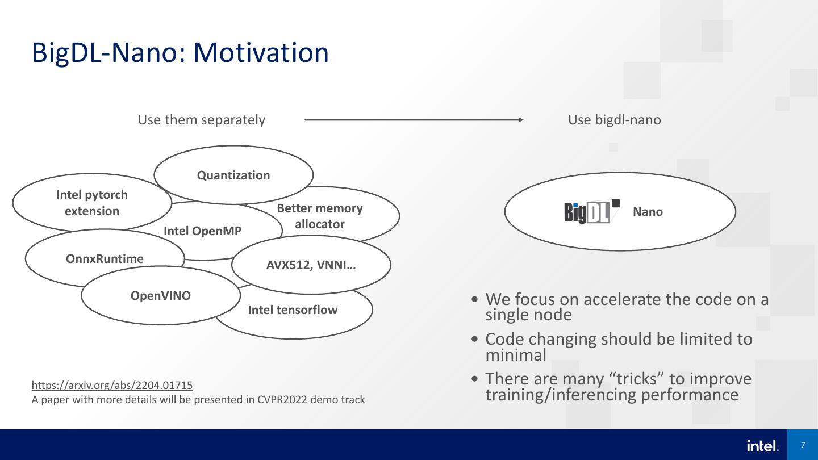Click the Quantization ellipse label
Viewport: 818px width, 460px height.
tap(233, 175)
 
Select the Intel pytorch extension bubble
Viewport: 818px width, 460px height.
tap(92, 203)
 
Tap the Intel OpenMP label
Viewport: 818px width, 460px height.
tap(203, 231)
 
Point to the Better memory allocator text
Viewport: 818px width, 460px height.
tap(320, 216)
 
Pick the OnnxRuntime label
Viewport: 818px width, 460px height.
tap(105, 259)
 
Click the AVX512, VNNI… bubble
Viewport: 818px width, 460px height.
tap(311, 265)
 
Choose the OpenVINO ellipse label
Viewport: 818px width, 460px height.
tap(161, 296)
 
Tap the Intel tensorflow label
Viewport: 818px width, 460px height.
tap(293, 310)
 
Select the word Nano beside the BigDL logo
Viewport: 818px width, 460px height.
tap(648, 212)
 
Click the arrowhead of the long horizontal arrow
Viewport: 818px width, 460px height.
tap(520, 120)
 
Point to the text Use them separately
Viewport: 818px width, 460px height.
tap(202, 120)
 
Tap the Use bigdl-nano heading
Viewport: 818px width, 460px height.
tap(614, 120)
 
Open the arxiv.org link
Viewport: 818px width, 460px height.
tap(112, 385)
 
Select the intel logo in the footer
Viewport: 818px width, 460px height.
tap(762, 446)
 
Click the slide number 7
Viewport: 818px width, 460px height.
tap(803, 445)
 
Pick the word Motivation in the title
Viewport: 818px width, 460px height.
tap(261, 52)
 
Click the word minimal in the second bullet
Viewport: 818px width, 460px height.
tap(515, 355)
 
